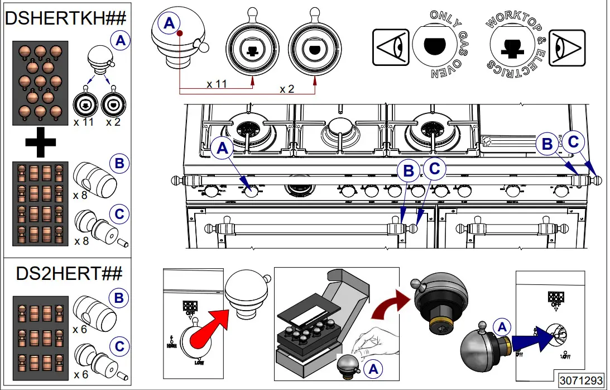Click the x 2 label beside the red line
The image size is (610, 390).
(x=287, y=89)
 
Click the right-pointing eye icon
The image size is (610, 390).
(x=566, y=48)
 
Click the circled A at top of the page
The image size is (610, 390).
(x=169, y=23)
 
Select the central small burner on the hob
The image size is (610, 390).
(x=340, y=130)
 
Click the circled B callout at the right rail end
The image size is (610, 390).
(x=547, y=144)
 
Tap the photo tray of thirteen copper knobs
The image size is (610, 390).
(x=40, y=83)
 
